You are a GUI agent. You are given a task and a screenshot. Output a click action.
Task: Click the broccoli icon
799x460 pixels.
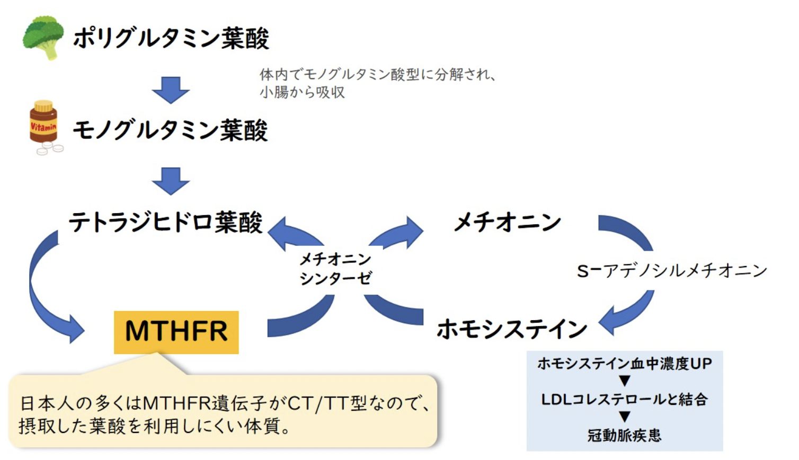tap(43, 37)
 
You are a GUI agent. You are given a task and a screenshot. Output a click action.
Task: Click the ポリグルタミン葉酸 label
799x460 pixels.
tap(171, 38)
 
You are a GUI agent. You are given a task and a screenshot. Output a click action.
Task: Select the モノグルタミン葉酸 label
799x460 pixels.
tap(170, 130)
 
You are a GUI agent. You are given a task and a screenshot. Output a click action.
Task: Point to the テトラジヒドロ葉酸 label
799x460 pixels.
tap(166, 222)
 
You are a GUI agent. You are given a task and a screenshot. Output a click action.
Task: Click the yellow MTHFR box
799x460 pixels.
tap(176, 332)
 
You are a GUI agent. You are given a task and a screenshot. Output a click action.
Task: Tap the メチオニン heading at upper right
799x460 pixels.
tap(508, 222)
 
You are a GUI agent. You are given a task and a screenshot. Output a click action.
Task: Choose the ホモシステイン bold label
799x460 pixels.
tap(512, 329)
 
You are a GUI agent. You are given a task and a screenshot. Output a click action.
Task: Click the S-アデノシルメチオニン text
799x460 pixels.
tap(671, 271)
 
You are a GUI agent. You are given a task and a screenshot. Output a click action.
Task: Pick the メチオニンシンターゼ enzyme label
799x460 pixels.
tap(335, 269)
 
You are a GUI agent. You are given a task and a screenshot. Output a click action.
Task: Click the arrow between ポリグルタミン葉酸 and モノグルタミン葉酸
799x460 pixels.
tap(171, 90)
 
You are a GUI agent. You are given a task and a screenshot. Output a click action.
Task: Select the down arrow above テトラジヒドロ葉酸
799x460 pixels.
tap(171, 181)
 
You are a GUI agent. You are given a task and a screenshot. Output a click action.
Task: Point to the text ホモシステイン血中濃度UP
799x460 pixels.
tap(624, 364)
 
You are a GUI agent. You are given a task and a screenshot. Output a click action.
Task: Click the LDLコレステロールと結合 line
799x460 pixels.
tap(624, 399)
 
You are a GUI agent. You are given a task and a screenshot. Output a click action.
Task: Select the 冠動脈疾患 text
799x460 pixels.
tap(624, 436)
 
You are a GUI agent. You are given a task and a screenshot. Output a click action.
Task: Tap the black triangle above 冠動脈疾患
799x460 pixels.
tap(625, 417)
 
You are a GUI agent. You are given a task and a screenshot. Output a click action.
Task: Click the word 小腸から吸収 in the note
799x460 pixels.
tap(302, 92)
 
